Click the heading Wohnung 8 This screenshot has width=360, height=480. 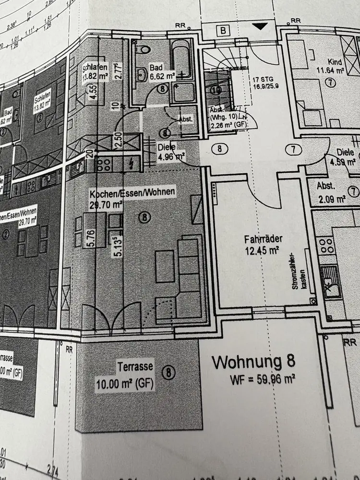coord(253,362)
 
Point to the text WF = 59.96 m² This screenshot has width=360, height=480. coord(263,380)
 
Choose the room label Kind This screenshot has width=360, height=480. coord(335,62)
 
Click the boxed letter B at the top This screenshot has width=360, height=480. coord(223,31)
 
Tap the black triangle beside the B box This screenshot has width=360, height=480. coord(259,27)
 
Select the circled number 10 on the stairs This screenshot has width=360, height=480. coord(216,89)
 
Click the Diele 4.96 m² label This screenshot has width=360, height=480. coord(171,151)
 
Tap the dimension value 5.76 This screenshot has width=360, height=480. coord(90,238)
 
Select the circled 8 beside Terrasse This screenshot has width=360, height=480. coord(168,372)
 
